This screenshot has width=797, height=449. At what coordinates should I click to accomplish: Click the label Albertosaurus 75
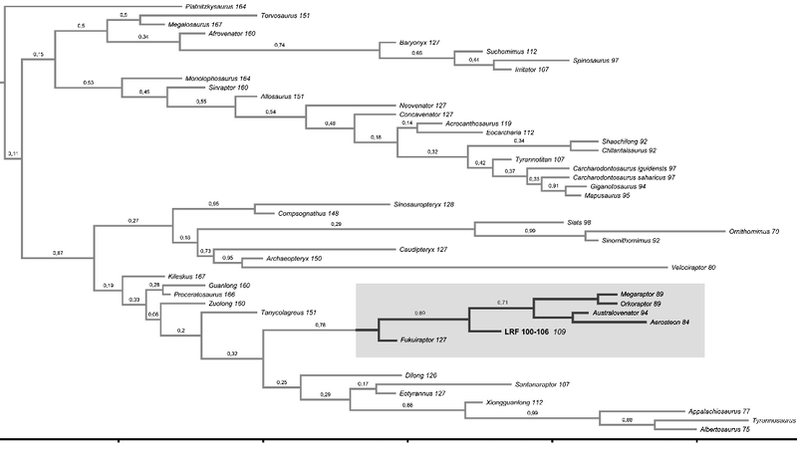(725, 429)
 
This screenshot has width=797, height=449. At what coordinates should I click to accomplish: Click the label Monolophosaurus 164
(217, 79)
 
